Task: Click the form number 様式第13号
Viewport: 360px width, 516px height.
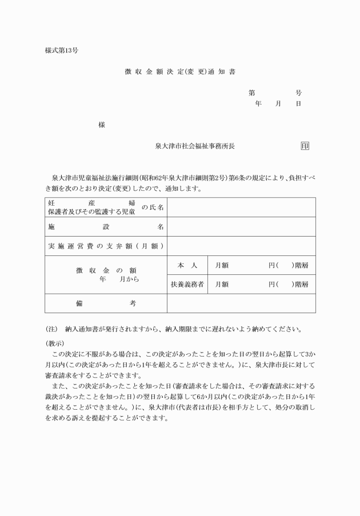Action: tap(61, 50)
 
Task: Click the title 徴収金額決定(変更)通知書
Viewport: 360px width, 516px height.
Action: tap(180, 72)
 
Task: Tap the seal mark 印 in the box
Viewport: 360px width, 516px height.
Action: tap(305, 146)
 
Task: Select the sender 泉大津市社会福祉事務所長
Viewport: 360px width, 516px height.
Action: tap(195, 146)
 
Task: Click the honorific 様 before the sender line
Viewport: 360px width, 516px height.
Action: tap(102, 125)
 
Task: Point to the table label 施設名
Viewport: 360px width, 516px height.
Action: tap(106, 227)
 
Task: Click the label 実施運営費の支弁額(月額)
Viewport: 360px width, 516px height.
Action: tap(106, 246)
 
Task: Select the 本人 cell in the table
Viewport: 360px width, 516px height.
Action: tap(187, 265)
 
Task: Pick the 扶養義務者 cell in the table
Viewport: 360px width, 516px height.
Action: tap(187, 284)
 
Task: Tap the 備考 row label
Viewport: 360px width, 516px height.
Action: tap(106, 303)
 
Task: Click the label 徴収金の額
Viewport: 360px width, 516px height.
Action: tap(106, 270)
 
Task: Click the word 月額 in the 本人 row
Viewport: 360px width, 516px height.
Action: tap(222, 265)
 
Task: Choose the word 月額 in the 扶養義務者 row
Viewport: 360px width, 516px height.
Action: tap(222, 284)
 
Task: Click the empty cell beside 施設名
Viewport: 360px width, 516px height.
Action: tap(241, 227)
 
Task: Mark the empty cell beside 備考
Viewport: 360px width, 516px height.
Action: tap(241, 303)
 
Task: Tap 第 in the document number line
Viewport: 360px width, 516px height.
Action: tap(251, 93)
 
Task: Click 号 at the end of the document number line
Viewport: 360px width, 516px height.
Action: tap(298, 93)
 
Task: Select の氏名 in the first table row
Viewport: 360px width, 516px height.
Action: tap(153, 207)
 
